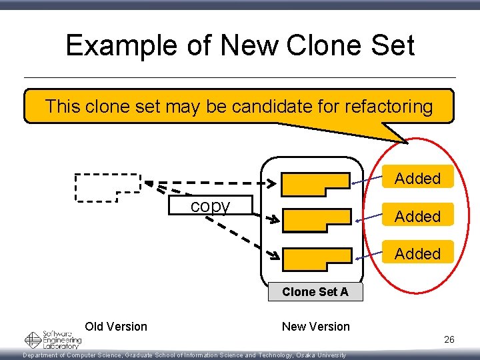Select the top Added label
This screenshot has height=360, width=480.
417,178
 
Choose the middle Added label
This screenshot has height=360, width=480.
417,216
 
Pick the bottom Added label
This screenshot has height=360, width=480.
417,253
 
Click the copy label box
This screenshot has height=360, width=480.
210,206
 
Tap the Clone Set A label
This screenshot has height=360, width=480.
315,291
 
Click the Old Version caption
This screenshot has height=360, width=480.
116,326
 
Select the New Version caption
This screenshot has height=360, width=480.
315,326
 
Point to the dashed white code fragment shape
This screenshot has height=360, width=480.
107,186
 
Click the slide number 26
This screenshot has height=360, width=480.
449,340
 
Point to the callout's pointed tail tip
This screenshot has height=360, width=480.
407,141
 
